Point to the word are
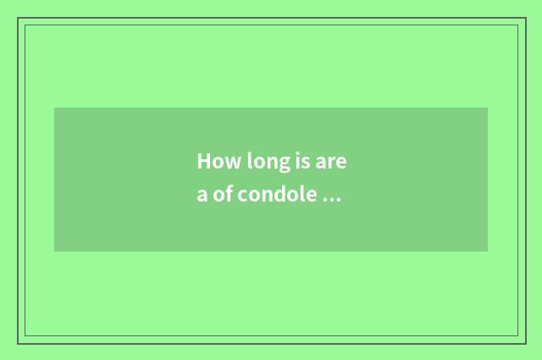click(x=332, y=162)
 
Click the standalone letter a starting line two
click(x=202, y=196)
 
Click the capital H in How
click(x=204, y=161)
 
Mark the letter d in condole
click(x=283, y=195)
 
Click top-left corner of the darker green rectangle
click(x=54, y=108)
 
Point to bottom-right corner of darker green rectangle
click(x=488, y=252)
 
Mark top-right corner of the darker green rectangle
click(x=488, y=108)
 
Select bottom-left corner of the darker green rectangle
click(x=54, y=252)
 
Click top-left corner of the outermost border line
click(x=18, y=18)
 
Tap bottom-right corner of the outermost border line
click(x=525, y=343)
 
